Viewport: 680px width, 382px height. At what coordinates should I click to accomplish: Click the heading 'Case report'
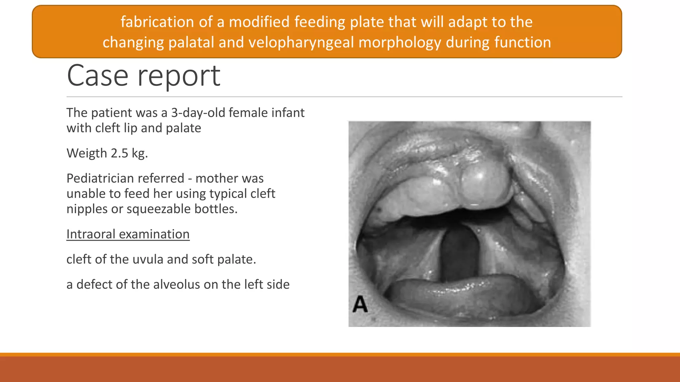pos(143,76)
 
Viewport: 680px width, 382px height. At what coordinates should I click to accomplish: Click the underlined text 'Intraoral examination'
pos(128,234)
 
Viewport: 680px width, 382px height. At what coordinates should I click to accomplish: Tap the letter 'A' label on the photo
pos(360,304)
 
